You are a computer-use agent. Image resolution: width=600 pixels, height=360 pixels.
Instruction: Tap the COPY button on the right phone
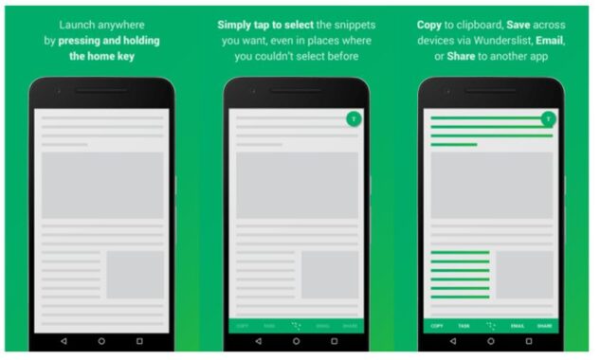pyautogui.click(x=437, y=325)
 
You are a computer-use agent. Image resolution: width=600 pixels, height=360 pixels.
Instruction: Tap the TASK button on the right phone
pyautogui.click(x=464, y=325)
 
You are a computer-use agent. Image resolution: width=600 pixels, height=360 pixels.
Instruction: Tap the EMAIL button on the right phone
pyautogui.click(x=518, y=325)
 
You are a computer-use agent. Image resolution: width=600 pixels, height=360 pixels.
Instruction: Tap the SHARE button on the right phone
pyautogui.click(x=544, y=325)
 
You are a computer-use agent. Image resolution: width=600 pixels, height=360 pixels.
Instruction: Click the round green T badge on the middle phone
pyautogui.click(x=353, y=119)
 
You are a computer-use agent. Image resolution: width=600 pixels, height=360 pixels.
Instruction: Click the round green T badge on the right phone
pyautogui.click(x=547, y=119)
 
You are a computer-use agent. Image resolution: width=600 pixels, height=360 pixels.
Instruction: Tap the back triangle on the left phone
pyautogui.click(x=64, y=340)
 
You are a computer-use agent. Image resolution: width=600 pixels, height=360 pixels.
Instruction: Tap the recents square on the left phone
pyautogui.click(x=139, y=340)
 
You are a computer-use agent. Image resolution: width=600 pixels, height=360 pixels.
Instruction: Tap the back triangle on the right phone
pyautogui.click(x=452, y=340)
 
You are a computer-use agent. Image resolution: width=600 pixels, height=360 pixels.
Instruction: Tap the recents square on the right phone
pyautogui.click(x=529, y=340)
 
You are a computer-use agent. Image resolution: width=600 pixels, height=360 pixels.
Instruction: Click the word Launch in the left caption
pyautogui.click(x=77, y=24)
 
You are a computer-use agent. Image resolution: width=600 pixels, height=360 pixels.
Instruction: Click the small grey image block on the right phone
pyautogui.click(x=525, y=274)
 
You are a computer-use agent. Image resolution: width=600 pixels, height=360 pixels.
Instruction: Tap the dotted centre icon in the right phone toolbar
pyautogui.click(x=490, y=325)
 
